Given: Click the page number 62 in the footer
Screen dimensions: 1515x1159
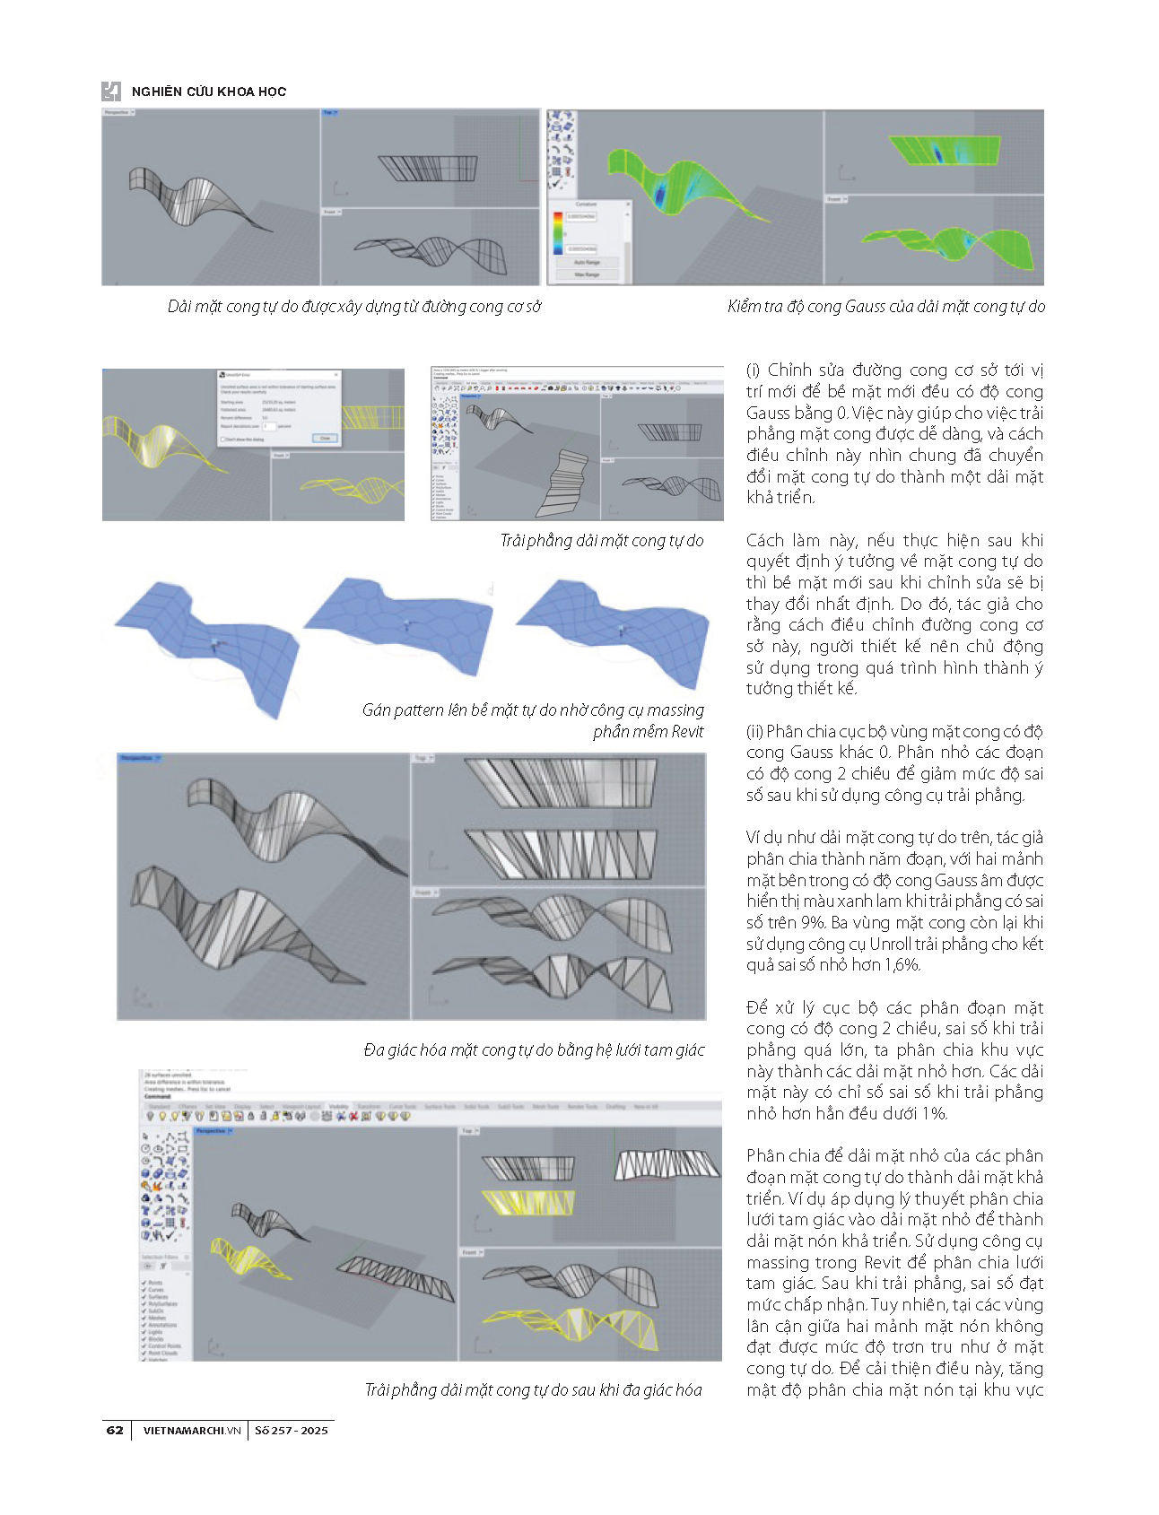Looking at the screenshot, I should coord(115,1430).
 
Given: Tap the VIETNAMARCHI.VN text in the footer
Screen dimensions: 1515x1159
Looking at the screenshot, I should coord(192,1431).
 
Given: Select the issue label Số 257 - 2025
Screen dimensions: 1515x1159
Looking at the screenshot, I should coord(291,1431).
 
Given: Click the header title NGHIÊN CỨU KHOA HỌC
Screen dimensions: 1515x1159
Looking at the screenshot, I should coord(208,91).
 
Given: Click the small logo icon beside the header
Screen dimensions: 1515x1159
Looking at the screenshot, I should coord(111,91).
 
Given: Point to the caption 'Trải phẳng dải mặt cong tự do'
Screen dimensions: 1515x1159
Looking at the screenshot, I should coord(601,541).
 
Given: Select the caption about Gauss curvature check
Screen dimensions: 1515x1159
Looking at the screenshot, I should coord(885,307).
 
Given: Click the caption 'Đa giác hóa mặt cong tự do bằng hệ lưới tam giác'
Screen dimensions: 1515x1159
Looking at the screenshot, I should coord(534,1050).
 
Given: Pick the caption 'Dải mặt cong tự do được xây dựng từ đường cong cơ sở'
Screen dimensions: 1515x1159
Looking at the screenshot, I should coord(354,307).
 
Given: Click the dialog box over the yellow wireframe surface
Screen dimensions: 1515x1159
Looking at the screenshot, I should coord(279,407).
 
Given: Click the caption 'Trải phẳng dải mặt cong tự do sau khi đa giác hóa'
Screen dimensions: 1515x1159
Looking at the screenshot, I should coord(533,1390).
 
